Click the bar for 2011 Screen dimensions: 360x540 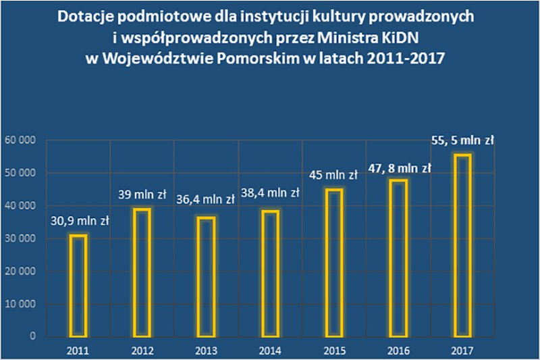point(78,285)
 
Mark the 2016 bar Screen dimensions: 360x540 point(398,257)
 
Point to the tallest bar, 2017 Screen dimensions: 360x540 point(462,245)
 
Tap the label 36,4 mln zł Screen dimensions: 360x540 point(205,199)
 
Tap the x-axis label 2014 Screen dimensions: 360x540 point(269,350)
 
